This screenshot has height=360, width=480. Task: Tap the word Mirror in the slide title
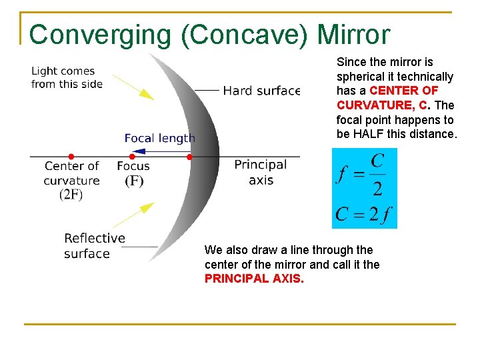(354, 35)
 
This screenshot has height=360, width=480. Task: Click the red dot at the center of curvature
(71, 157)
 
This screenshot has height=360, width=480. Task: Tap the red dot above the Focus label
(132, 157)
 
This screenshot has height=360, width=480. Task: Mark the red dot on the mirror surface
(189, 157)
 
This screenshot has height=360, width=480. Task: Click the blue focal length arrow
(160, 151)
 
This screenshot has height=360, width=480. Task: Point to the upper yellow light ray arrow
(133, 85)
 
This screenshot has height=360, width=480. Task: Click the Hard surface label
(261, 91)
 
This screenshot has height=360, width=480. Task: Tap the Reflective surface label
(94, 245)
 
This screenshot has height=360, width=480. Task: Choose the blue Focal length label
(160, 138)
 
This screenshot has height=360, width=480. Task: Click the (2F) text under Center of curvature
(71, 195)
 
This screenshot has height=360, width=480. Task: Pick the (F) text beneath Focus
(133, 181)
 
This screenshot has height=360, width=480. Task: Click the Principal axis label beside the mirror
(260, 172)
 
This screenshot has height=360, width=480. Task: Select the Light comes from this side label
(67, 77)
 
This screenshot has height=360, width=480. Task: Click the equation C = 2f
(364, 214)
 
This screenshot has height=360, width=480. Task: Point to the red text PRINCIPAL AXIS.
(254, 279)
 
